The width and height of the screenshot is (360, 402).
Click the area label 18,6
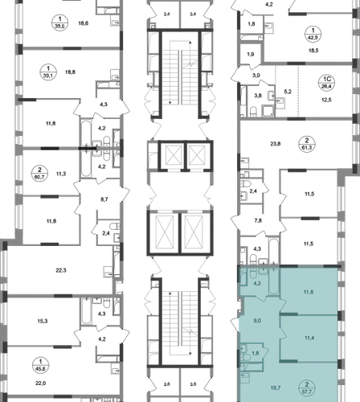click(84, 23)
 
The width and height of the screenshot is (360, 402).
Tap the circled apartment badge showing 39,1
click(48, 72)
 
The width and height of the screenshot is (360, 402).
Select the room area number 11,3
click(61, 174)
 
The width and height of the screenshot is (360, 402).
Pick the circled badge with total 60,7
click(39, 173)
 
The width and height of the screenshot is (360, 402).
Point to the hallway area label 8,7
click(104, 199)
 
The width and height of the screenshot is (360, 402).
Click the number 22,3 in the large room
click(61, 270)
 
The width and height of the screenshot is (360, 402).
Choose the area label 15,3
click(43, 321)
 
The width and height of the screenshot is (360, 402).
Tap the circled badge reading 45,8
click(40, 365)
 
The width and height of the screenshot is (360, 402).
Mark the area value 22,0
click(41, 384)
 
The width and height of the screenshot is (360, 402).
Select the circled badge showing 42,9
click(313, 34)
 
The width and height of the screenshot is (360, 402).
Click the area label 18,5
click(313, 51)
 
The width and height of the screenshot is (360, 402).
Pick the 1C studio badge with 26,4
click(327, 83)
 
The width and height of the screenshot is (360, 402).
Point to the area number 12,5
click(326, 100)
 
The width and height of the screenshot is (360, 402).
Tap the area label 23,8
click(276, 144)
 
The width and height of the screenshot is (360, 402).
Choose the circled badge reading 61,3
click(307, 144)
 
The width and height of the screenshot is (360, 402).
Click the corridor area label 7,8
click(258, 220)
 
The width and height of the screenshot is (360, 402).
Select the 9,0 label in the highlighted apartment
click(257, 321)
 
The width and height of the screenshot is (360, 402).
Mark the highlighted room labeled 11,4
click(309, 338)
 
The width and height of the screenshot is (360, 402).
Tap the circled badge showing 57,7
click(307, 388)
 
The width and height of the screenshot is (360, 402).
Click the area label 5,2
click(288, 92)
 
